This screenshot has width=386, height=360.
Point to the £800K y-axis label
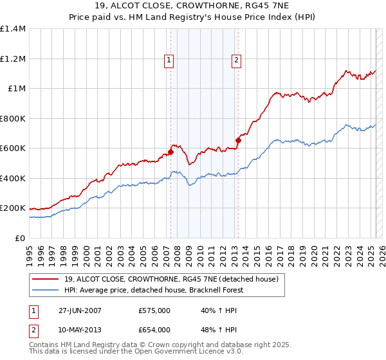12,118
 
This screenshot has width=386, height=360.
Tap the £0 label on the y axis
21,238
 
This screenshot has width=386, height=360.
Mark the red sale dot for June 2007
170,152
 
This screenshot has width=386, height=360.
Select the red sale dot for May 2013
238,140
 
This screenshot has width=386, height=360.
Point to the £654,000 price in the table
154,329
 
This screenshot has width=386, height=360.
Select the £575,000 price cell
154,310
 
